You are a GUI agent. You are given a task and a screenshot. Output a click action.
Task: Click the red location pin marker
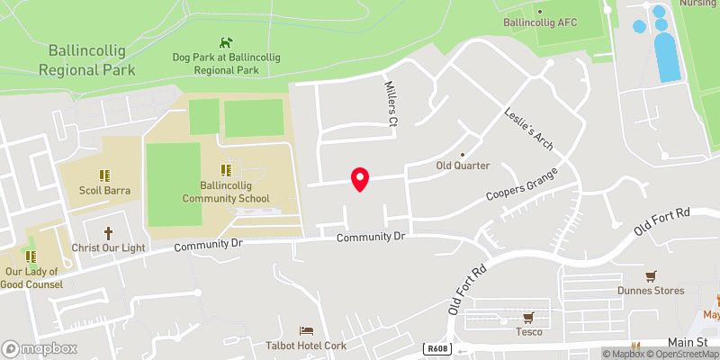(x=360, y=179)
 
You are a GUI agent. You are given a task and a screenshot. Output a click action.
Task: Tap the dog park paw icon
(x=224, y=41)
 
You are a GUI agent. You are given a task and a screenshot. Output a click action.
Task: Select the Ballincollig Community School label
(x=225, y=192)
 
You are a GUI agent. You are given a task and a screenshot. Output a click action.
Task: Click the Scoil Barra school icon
(x=103, y=175)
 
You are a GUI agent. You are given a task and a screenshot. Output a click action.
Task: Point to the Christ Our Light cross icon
(x=110, y=232)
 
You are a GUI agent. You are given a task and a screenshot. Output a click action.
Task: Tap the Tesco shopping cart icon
(x=528, y=317)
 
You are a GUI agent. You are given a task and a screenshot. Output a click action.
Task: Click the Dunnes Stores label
(x=651, y=291)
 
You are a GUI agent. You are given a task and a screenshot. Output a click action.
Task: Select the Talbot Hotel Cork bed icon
(x=308, y=331)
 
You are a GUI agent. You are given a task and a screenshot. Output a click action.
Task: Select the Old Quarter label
(x=463, y=166)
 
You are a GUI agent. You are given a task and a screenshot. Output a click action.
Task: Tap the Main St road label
(x=687, y=343)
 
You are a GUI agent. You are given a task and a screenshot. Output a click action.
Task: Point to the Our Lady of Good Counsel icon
(x=31, y=256)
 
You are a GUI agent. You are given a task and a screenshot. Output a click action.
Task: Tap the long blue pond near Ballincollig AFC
(x=667, y=58)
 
